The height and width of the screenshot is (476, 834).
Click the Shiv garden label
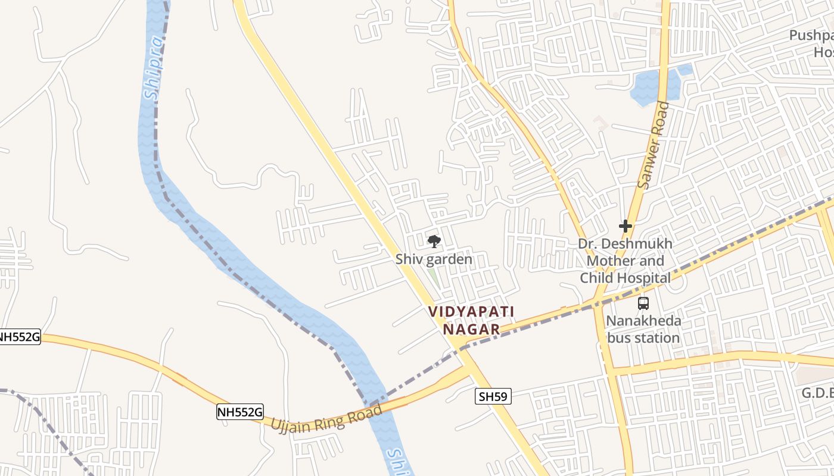[434, 259]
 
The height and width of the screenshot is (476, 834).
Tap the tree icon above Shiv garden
[434, 241]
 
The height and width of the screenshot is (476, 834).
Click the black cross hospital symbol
[625, 226]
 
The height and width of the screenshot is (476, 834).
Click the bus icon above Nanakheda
[643, 303]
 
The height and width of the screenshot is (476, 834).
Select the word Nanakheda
[643, 321]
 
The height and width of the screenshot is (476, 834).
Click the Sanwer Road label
[653, 146]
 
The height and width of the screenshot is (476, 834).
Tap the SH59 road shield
[493, 396]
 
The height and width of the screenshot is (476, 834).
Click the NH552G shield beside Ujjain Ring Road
[239, 412]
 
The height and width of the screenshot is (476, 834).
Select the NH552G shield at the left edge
[20, 337]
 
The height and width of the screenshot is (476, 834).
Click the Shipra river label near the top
[153, 68]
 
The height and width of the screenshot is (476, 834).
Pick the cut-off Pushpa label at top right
[811, 36]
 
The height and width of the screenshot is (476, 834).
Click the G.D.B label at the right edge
[817, 393]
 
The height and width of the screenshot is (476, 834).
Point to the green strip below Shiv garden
[435, 278]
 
